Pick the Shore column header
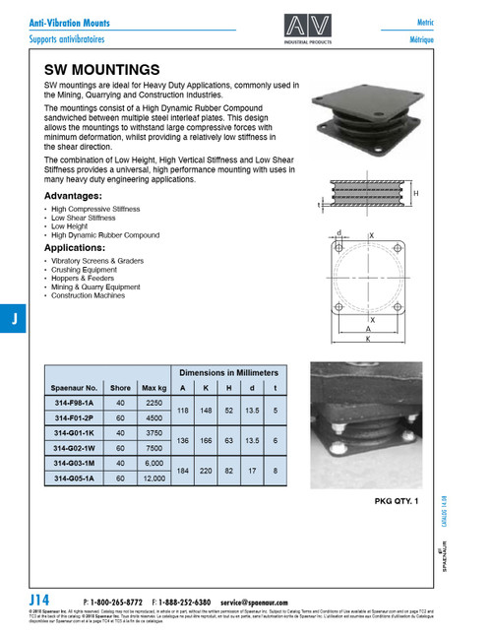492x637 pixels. pos(120,388)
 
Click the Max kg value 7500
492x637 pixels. pos(154,447)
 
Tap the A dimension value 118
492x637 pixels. pos(183,410)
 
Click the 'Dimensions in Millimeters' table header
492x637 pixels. pos(227,373)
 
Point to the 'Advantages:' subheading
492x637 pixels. pos(80,196)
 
